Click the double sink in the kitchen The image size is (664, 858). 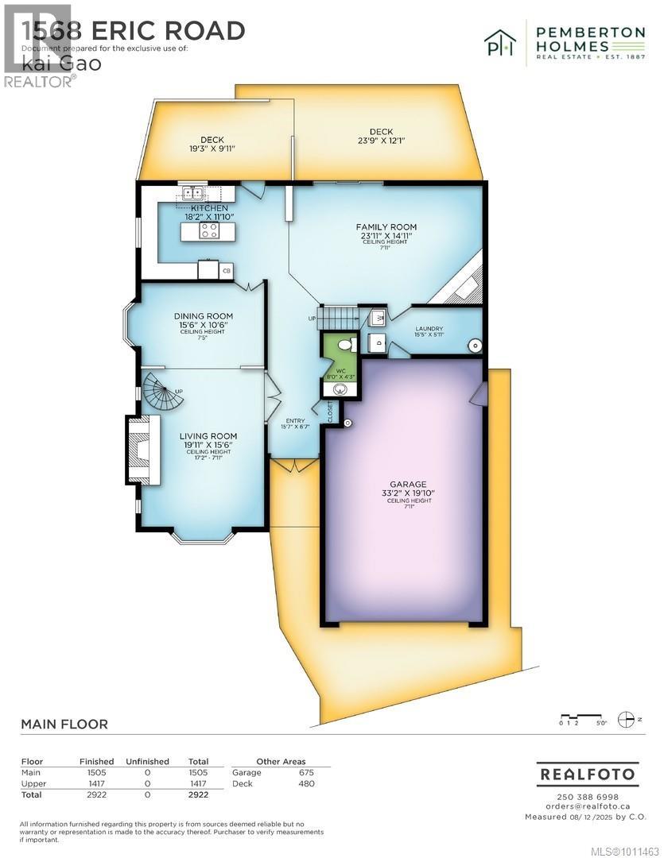coord(193,192)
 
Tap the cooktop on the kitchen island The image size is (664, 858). coord(209,231)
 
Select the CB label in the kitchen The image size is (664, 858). coord(227,272)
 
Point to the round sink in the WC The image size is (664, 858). coord(341,389)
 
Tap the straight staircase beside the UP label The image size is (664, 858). coord(337,317)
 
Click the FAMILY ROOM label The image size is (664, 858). coord(386,227)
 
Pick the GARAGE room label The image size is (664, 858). coord(407,484)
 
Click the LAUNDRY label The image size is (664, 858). coord(429,328)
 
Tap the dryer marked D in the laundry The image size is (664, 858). coord(378,344)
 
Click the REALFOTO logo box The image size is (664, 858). coord(587,773)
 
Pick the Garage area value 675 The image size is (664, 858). coord(305,772)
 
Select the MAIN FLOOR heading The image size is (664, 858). coord(64,724)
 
